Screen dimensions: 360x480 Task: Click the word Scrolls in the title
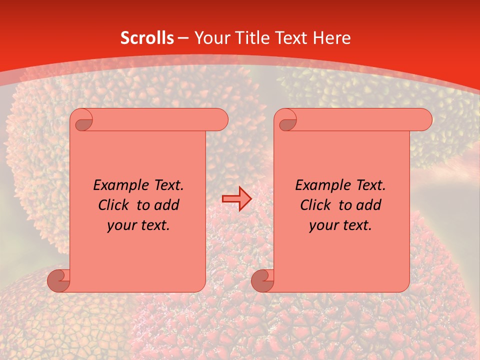point(147,38)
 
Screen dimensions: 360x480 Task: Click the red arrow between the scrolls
point(236,199)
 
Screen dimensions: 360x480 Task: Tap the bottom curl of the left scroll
point(59,280)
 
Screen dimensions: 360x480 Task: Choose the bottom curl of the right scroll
point(263,280)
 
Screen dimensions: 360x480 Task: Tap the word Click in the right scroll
point(315,205)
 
